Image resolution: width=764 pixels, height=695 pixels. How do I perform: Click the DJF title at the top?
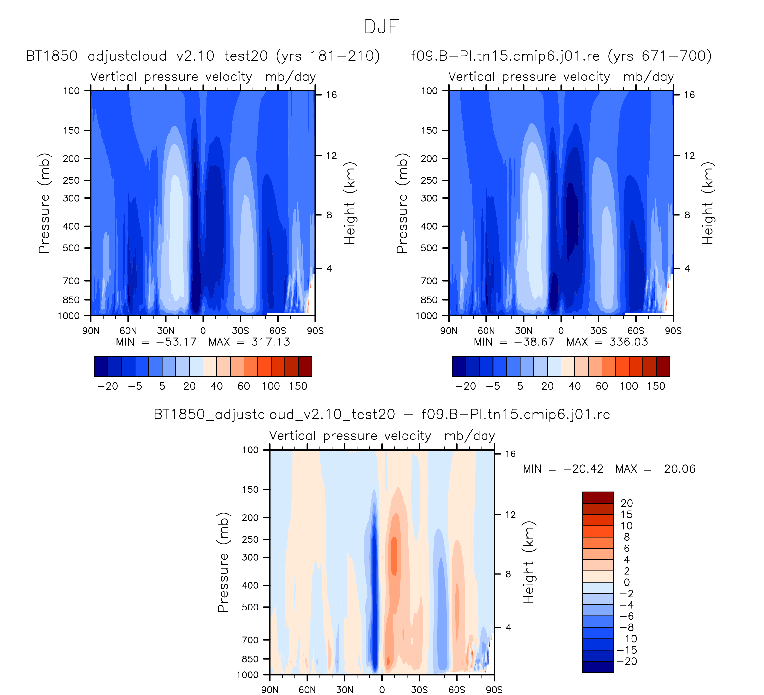point(381,27)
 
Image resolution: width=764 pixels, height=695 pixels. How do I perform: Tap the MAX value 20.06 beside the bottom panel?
point(679,469)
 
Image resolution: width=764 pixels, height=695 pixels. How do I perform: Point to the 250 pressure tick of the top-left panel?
point(71,180)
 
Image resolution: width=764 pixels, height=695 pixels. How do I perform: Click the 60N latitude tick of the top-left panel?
point(128,331)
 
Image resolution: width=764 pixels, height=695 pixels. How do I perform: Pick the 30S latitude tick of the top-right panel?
point(598,331)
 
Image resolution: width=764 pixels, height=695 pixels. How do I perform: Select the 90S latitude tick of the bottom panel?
point(494,690)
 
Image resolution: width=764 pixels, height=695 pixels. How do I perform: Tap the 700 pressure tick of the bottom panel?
point(250,640)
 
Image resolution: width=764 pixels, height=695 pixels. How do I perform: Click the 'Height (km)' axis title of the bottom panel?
point(529,562)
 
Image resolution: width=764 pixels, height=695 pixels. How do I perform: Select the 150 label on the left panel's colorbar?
point(298,386)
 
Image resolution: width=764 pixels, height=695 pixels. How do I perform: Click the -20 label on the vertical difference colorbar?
point(627,662)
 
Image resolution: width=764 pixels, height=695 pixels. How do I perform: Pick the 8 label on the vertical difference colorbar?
point(626,537)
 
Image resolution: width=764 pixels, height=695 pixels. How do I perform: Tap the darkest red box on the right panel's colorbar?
point(663,367)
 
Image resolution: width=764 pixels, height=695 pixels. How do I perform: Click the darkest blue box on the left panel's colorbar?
point(101,367)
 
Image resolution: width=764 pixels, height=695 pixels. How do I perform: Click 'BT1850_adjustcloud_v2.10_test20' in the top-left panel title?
point(147,56)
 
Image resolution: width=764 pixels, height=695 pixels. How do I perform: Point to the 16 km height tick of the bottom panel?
point(510,454)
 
